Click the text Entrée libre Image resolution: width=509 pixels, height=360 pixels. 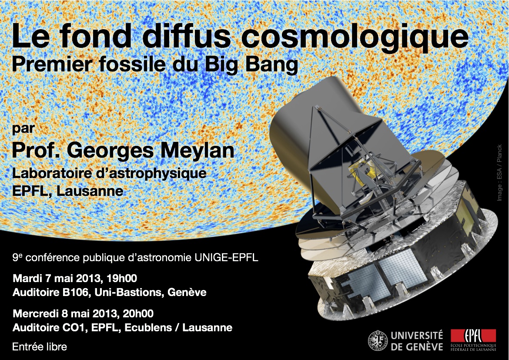[40, 347]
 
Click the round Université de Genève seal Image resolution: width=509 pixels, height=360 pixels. [378, 341]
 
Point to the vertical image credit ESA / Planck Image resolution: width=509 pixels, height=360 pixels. [499, 172]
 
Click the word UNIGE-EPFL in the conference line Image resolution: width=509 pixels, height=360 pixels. [227, 258]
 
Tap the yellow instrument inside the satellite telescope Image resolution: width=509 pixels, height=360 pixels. [359, 171]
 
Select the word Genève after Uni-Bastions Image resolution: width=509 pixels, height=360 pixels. [187, 293]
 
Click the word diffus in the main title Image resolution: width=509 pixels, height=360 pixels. [186, 37]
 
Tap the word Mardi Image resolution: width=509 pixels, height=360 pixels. [27, 279]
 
